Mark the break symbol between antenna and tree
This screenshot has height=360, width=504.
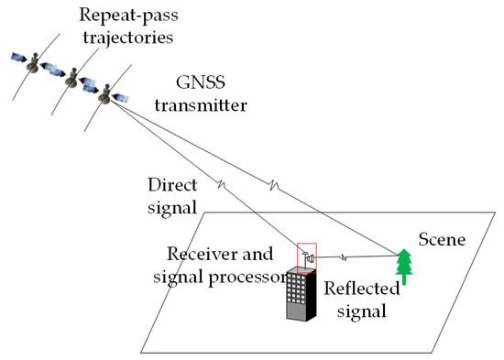[343, 257]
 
